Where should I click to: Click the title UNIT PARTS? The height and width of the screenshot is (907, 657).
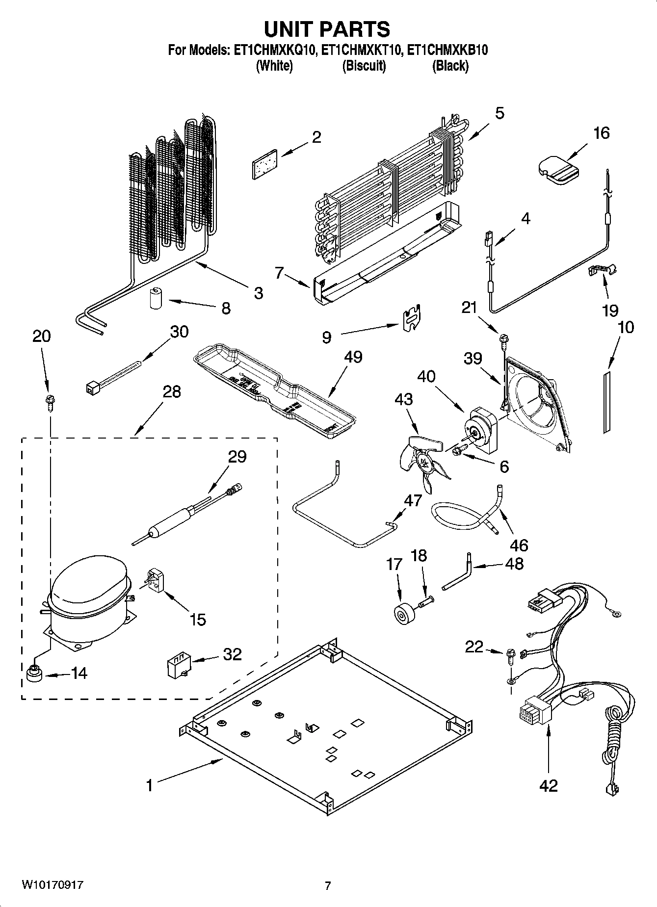tap(327, 29)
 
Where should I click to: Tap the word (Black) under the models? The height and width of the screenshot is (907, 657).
tap(450, 66)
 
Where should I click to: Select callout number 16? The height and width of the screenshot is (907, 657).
tap(601, 133)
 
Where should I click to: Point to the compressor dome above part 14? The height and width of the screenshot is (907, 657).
tap(88, 579)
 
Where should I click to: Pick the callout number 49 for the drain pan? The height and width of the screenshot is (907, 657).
tap(353, 357)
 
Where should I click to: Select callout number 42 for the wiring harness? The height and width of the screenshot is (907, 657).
tap(548, 786)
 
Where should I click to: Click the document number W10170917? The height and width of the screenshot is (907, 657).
tap(52, 885)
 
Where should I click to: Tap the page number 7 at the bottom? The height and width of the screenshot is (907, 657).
tap(328, 886)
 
